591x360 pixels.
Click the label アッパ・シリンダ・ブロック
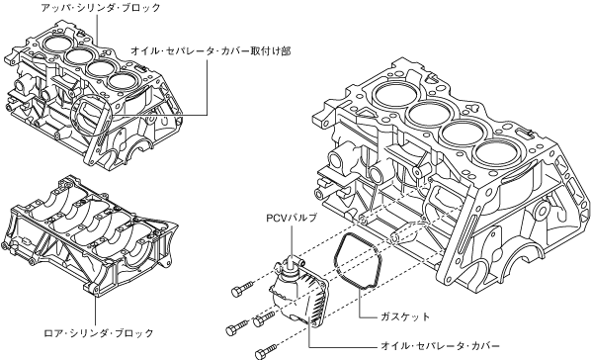click(x=101, y=8)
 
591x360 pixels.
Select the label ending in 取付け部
click(x=211, y=51)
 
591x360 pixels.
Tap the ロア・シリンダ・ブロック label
click(x=99, y=333)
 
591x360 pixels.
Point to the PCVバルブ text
click(x=292, y=219)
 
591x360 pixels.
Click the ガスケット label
click(x=405, y=316)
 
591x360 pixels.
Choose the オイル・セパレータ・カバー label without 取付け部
click(x=440, y=346)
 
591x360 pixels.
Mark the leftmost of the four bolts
click(x=237, y=328)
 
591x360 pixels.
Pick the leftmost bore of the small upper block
click(x=55, y=42)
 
